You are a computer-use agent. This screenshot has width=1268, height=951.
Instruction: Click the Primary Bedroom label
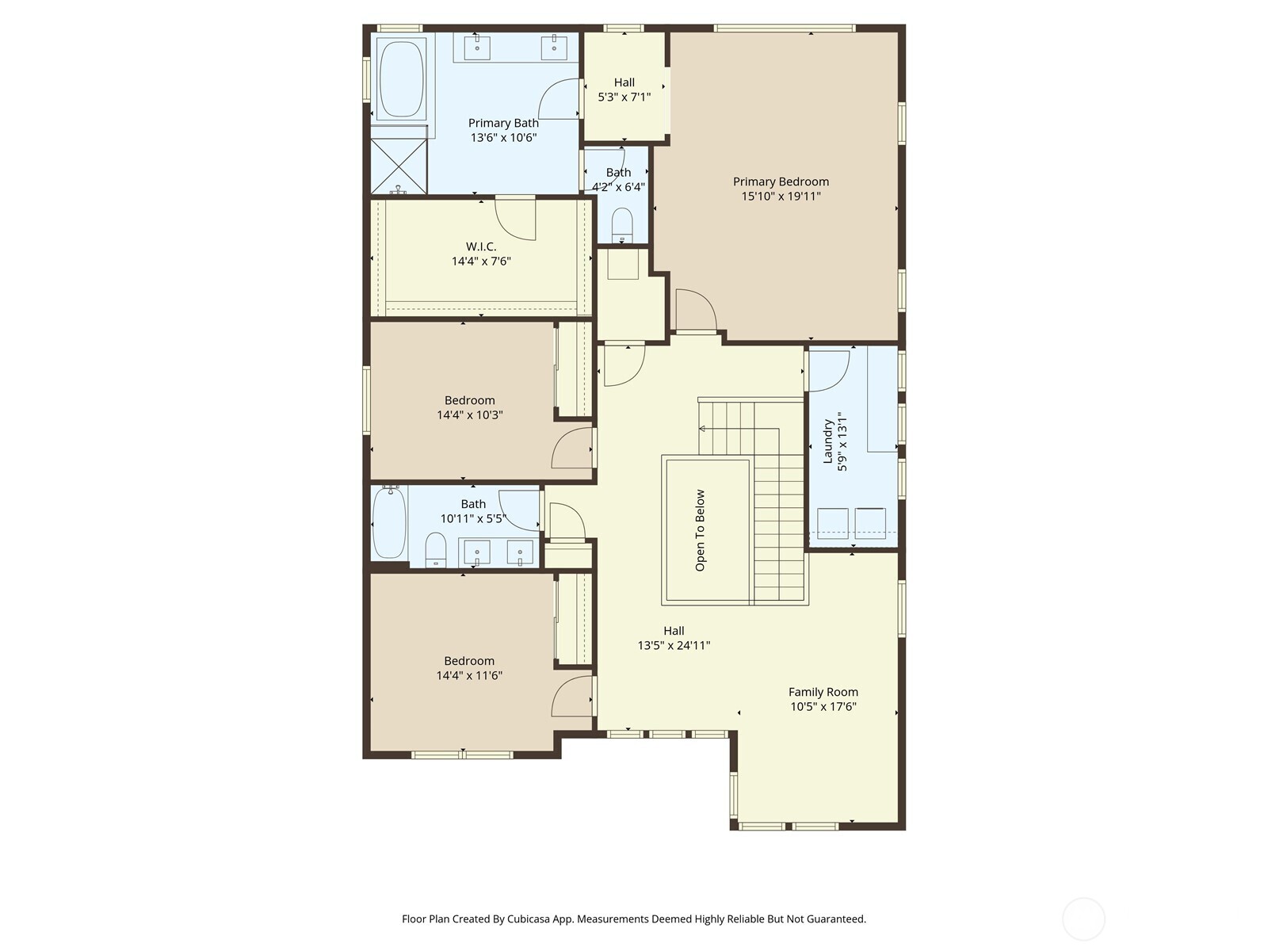click(x=781, y=181)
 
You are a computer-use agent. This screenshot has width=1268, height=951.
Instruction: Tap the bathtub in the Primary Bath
click(x=402, y=79)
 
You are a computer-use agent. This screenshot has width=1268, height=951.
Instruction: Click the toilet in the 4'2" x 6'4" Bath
click(x=622, y=225)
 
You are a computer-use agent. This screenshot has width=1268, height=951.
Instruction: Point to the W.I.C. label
click(x=481, y=246)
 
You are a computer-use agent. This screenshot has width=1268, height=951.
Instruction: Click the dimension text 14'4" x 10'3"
click(x=470, y=414)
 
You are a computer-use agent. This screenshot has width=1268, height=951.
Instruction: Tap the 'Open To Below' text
click(x=701, y=530)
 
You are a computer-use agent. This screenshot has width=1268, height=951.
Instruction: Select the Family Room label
click(x=823, y=692)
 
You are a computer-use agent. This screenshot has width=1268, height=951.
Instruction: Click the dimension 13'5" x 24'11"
click(x=674, y=645)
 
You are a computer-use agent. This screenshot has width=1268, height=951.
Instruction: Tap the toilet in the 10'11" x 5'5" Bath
click(x=436, y=549)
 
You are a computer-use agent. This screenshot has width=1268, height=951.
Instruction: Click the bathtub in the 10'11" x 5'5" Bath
click(x=389, y=522)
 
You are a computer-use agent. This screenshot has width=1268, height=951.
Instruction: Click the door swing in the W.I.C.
click(x=515, y=219)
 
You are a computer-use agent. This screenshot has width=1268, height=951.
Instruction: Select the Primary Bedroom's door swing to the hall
click(x=696, y=310)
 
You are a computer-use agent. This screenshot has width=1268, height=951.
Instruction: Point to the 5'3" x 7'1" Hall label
click(x=624, y=82)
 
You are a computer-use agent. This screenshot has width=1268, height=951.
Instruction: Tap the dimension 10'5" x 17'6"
click(x=823, y=707)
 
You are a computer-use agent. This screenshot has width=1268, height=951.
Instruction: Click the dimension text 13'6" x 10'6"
click(x=503, y=137)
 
